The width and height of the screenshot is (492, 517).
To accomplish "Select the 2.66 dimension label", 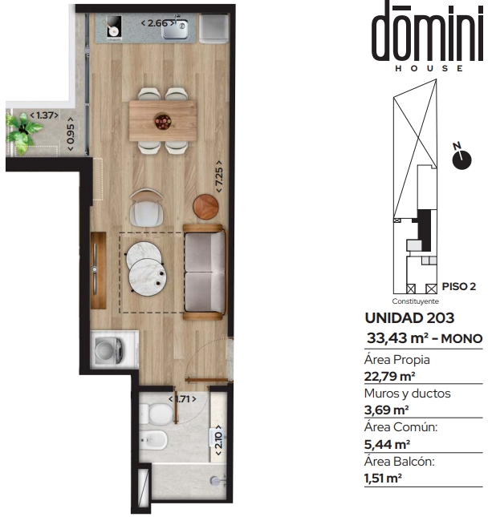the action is [158, 23].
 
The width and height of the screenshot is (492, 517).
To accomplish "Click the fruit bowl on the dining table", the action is [163, 121].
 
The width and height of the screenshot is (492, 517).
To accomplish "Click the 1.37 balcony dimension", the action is [44, 115].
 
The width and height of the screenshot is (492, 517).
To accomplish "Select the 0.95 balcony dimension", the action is [71, 134].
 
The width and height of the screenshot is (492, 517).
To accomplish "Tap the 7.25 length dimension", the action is [219, 176].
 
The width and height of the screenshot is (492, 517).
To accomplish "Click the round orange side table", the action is [205, 207].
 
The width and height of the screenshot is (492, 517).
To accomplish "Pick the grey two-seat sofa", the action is [205, 273].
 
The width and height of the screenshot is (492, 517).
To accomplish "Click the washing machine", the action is [109, 349].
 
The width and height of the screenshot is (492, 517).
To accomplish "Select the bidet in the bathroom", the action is [153, 440].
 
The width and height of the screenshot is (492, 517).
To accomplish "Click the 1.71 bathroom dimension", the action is [182, 399].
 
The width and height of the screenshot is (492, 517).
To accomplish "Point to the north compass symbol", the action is [462, 156].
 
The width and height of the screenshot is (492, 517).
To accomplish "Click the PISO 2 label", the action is [459, 286].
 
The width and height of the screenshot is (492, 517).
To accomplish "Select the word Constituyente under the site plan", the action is [416, 301].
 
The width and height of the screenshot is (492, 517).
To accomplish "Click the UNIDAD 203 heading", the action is [409, 318].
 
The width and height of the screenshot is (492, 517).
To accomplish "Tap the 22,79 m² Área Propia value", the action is [389, 376].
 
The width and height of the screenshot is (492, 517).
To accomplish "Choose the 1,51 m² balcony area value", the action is [383, 478].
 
